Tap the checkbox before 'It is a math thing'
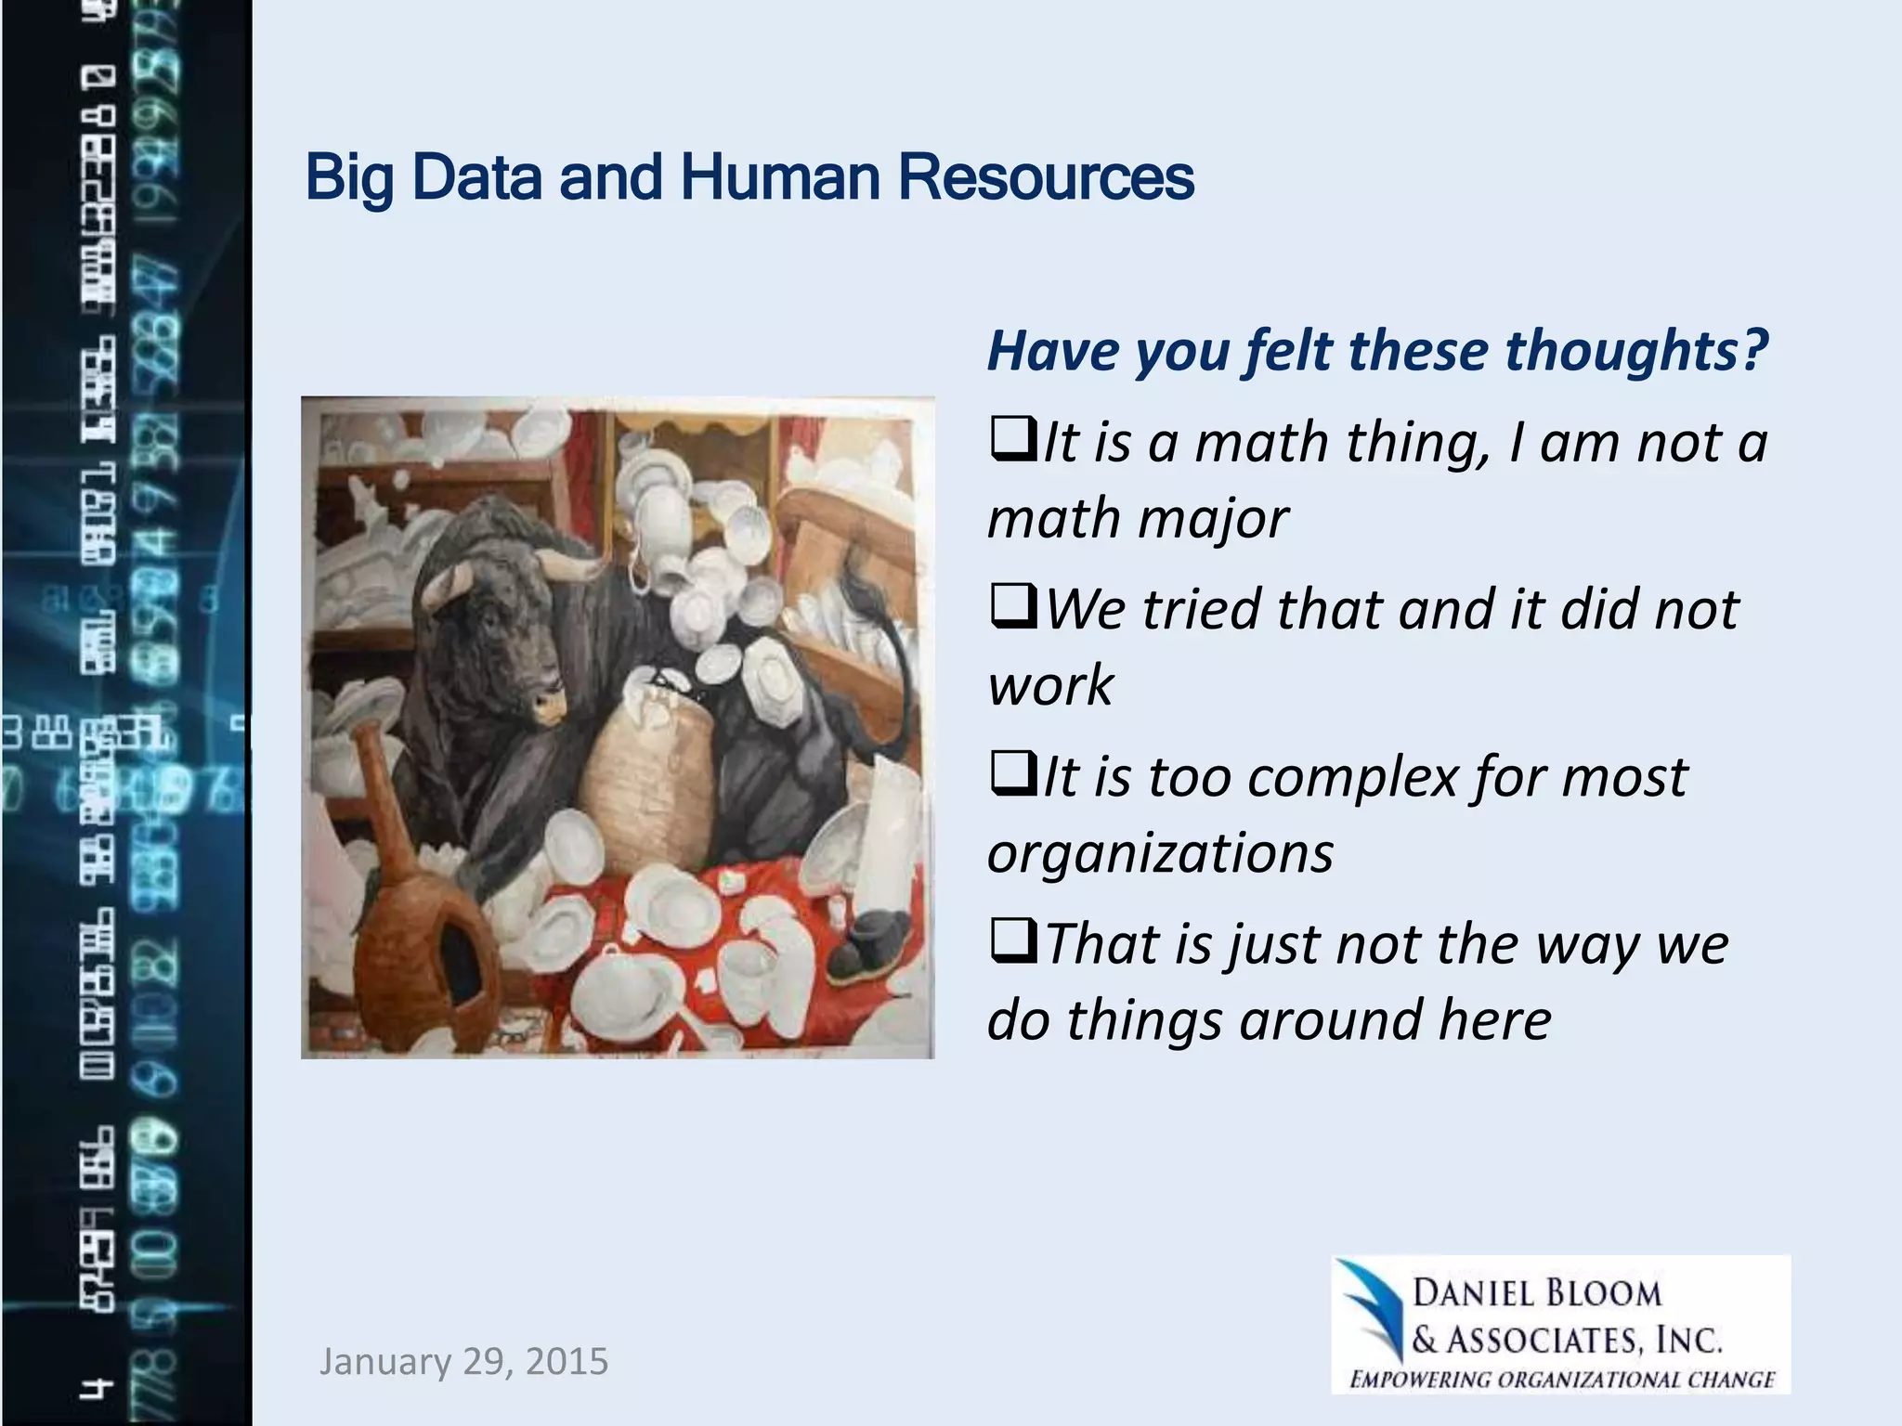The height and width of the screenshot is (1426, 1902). point(1012,441)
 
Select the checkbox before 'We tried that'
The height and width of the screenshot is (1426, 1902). point(1012,608)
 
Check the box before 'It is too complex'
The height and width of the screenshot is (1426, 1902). point(1012,776)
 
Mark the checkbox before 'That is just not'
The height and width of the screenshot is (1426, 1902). point(1012,942)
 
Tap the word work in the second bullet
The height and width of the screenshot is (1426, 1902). point(1049,686)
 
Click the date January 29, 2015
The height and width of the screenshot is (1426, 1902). point(463,1362)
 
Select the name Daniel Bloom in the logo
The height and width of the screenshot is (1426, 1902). point(1536,1293)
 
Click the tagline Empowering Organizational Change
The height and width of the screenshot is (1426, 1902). point(1562,1379)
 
